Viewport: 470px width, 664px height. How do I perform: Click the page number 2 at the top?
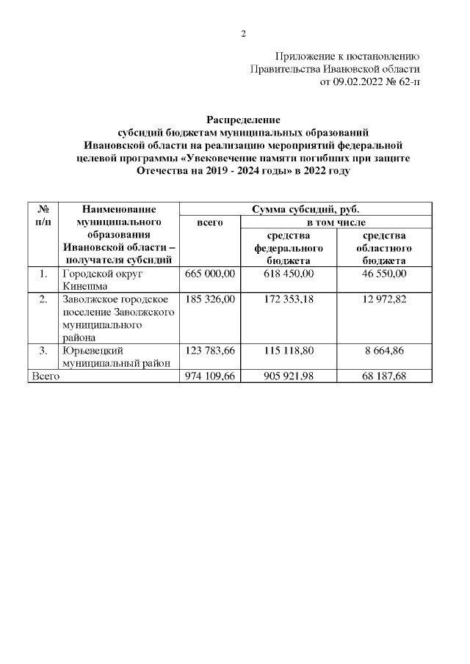pyautogui.click(x=243, y=33)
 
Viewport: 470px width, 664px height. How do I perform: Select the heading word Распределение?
pyautogui.click(x=243, y=120)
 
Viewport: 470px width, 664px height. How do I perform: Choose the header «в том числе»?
pyautogui.click(x=335, y=222)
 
